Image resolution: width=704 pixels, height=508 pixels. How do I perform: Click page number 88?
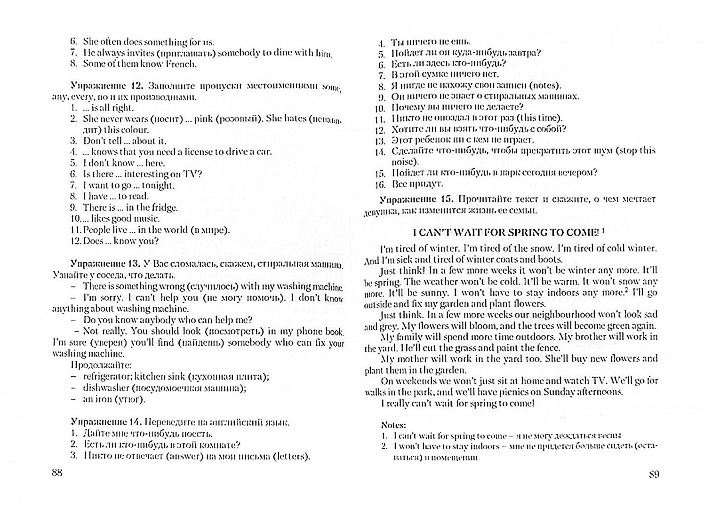pos(56,473)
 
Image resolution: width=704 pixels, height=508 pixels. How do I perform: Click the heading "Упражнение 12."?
pos(107,86)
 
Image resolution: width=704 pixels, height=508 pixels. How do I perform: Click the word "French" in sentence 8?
pos(181,63)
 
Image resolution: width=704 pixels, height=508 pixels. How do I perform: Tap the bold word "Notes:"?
pos(393,424)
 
